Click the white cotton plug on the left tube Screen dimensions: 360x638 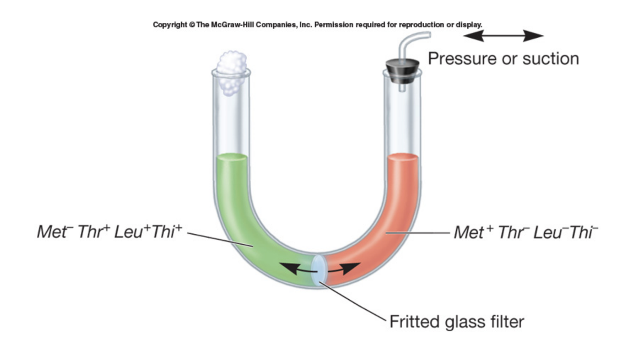[232, 72]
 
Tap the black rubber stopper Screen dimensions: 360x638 [403, 71]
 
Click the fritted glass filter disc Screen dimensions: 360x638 [319, 271]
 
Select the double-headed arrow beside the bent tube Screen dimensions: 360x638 [503, 36]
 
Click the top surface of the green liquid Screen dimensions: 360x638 [232, 158]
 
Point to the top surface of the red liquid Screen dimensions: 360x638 [403, 158]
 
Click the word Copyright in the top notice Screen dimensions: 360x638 [170, 24]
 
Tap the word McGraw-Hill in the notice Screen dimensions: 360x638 [232, 24]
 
